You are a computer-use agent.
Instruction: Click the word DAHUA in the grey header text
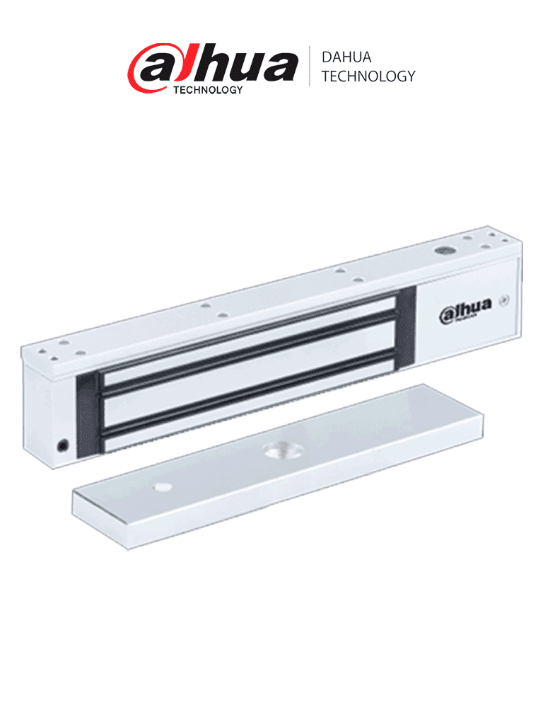coord(346,57)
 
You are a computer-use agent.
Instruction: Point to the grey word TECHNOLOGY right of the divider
coord(368,76)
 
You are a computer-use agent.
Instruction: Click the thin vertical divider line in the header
coord(310,66)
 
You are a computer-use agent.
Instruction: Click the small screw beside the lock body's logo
coord(504,300)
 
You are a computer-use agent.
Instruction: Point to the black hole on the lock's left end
coord(62,445)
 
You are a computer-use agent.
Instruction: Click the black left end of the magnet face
coord(87,414)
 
